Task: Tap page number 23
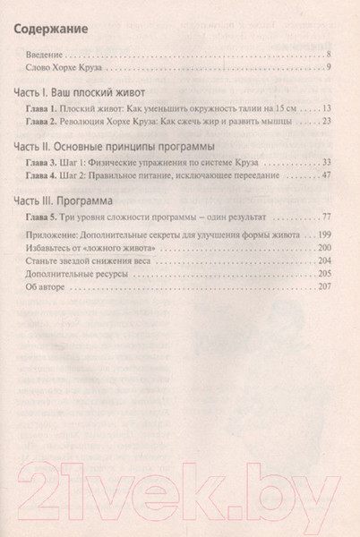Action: [x=327, y=121]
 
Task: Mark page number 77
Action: [x=327, y=217]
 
